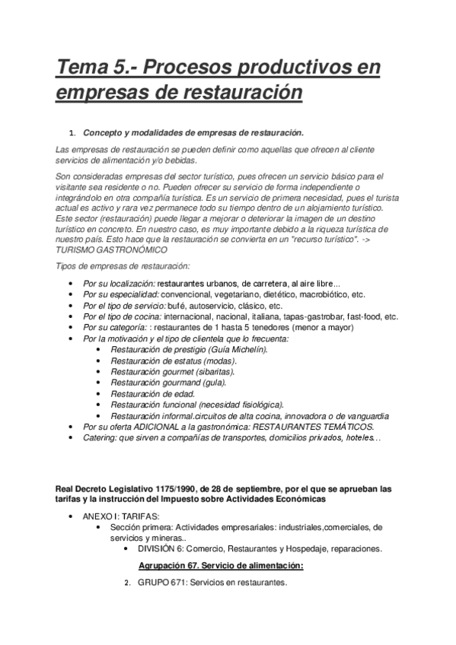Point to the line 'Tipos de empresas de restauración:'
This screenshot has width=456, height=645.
pos(123,265)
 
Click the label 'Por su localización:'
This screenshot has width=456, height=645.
pos(117,283)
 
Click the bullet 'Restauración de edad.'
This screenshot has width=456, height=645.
pos(153,393)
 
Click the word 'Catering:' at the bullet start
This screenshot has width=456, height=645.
pos(102,438)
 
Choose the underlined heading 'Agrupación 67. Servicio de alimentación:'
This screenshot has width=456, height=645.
pos(221,566)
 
